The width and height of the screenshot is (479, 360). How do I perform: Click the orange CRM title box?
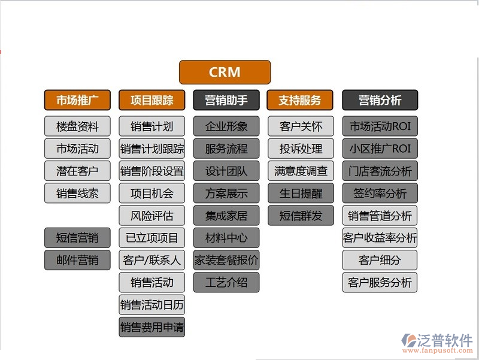225,72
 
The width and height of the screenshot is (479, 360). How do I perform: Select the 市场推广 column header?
77,100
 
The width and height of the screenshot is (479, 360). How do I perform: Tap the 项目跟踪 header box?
151,100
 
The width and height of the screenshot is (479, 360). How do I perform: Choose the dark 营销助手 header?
226,100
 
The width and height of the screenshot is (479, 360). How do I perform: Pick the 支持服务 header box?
301,100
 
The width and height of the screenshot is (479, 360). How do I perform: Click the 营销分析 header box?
380,100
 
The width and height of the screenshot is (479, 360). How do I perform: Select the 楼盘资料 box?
77,126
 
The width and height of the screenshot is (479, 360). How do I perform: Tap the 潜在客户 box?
77,171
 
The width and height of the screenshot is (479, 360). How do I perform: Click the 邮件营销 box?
77,260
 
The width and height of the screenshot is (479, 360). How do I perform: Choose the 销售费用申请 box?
151,327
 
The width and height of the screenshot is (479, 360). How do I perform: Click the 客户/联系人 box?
151,260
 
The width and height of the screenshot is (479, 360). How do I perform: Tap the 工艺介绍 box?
226,282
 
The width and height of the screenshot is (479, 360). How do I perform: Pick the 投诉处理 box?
301,149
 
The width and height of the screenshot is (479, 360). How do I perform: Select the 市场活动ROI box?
380,126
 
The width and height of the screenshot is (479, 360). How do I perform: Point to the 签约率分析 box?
380,193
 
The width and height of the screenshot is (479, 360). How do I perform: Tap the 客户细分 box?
380,260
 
